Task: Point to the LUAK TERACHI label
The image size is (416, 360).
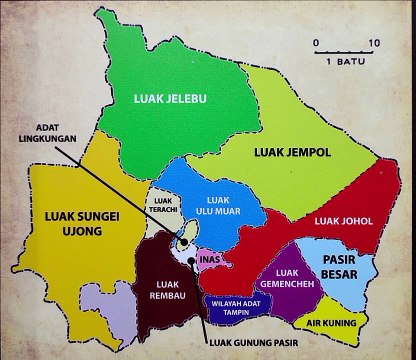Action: pos(163,204)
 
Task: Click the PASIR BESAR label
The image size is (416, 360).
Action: pos(345,265)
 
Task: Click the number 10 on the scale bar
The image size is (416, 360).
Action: pos(374,44)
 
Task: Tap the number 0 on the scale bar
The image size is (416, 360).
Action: pos(315,44)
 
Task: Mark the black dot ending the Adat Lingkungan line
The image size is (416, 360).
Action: pos(184,243)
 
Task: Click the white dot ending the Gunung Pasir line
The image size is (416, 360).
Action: pos(188,261)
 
